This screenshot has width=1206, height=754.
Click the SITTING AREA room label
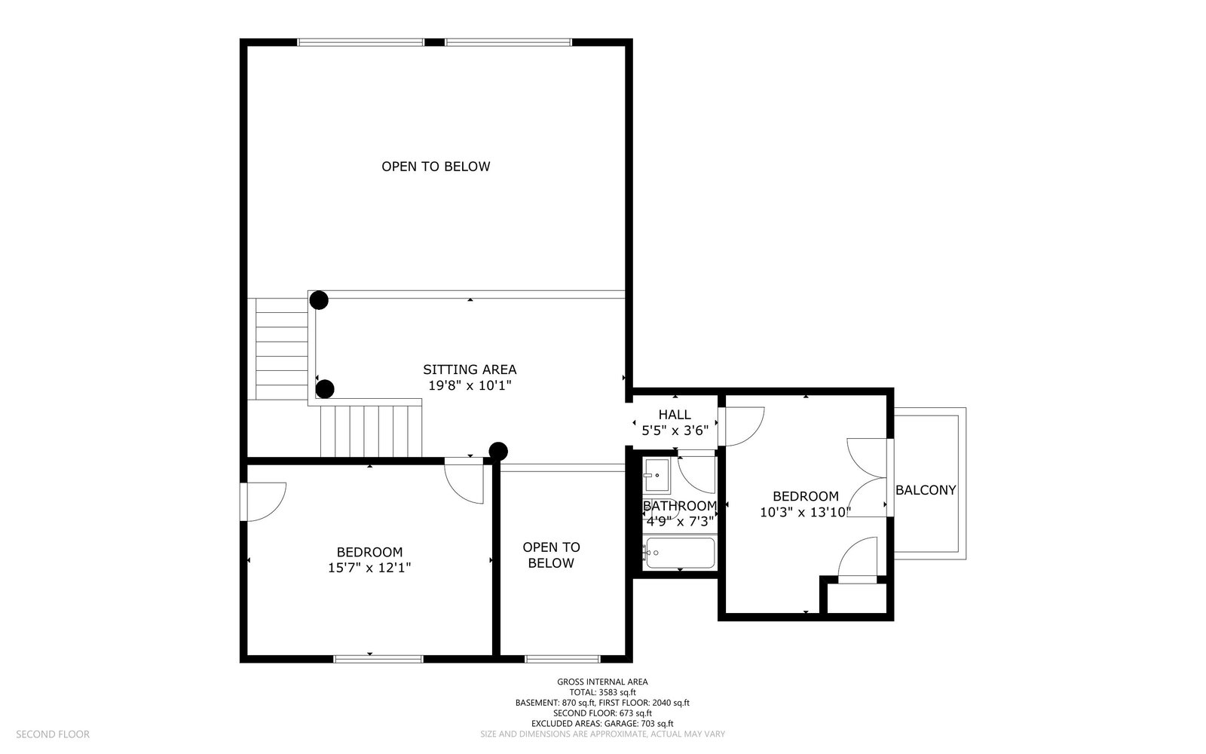pyautogui.click(x=470, y=369)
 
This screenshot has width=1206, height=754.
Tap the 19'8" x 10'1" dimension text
pyautogui.click(x=470, y=385)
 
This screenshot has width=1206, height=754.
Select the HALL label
pyautogui.click(x=675, y=415)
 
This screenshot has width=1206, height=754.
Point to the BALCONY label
pyautogui.click(x=926, y=490)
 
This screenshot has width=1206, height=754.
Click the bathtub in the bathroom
pyautogui.click(x=680, y=553)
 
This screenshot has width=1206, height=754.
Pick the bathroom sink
pyautogui.click(x=657, y=475)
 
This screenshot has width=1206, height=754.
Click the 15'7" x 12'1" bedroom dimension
pyautogui.click(x=369, y=568)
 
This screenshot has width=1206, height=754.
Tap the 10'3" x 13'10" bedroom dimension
pyautogui.click(x=806, y=512)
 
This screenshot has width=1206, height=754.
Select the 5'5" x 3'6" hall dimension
pyautogui.click(x=675, y=431)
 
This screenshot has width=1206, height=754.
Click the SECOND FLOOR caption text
pyautogui.click(x=53, y=734)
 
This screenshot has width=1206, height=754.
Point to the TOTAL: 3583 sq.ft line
pyautogui.click(x=602, y=693)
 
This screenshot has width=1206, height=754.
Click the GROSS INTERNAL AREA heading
pyautogui.click(x=602, y=682)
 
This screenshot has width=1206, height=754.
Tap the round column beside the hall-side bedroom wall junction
pyautogui.click(x=498, y=452)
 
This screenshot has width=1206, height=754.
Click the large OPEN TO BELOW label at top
pyautogui.click(x=436, y=167)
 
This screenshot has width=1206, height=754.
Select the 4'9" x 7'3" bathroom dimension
pyautogui.click(x=680, y=521)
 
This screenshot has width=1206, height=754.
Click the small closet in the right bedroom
pyautogui.click(x=856, y=598)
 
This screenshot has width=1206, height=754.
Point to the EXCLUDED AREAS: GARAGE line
pyautogui.click(x=602, y=724)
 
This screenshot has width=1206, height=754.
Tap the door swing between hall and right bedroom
pyautogui.click(x=742, y=427)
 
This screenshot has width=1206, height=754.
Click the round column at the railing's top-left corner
pyautogui.click(x=319, y=300)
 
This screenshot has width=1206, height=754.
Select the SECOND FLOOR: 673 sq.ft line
pyautogui.click(x=602, y=713)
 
